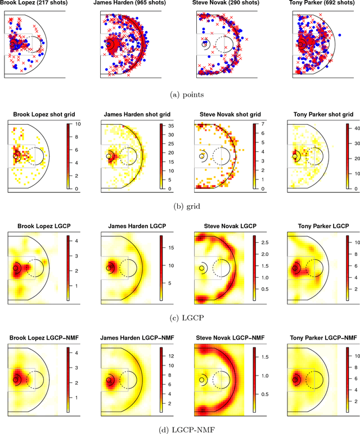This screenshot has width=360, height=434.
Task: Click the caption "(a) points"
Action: click(x=180, y=96)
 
